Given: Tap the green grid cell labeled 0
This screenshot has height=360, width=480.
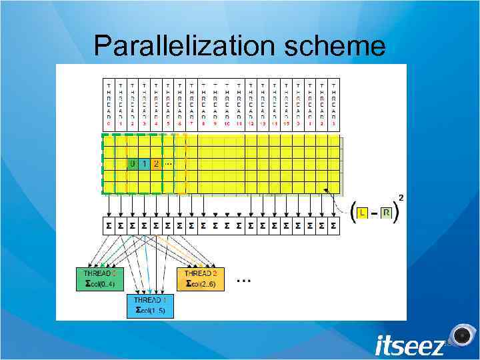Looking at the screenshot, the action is coord(133,163).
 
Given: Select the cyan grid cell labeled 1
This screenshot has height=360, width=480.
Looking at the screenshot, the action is coord(145,163).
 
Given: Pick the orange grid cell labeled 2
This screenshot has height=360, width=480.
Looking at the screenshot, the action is coord(156,163).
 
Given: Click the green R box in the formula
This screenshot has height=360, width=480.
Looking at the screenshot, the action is coord(386,212).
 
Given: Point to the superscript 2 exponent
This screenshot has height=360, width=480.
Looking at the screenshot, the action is coord(401,197).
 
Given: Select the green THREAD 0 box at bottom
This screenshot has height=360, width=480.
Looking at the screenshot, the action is coord(100,278).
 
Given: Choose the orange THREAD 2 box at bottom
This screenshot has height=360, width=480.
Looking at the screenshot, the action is coord(201,278).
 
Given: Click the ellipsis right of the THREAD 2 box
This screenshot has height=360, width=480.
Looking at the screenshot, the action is coord(244,282).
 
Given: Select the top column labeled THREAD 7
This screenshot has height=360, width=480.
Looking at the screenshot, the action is coord(192,105).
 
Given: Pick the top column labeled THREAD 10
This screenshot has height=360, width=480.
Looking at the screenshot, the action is coord(227,105).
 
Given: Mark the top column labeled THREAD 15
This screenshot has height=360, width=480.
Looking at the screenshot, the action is coord(286,105).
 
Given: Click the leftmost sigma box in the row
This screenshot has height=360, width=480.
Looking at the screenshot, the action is coord(109,227).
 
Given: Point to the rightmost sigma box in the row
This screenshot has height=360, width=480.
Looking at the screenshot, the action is coord(334,227).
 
